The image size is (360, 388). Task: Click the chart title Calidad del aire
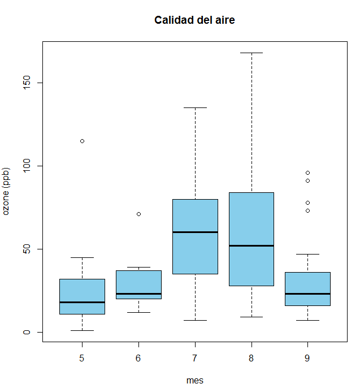coord(194,20)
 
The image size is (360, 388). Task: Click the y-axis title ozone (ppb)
coord(7,192)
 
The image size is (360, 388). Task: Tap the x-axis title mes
coord(194,381)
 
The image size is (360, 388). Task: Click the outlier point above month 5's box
coord(82,141)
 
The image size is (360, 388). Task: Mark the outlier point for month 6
coord(138,214)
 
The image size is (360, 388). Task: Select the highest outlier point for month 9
coord(307,173)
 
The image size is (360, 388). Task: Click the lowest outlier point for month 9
coord(307,210)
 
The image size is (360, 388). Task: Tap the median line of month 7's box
coord(195,232)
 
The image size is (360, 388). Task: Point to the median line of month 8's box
coord(251,245)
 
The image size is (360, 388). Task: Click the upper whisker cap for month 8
coord(251,53)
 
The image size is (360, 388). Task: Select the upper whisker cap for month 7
coord(195,107)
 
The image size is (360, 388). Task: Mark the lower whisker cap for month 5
coord(82,330)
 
